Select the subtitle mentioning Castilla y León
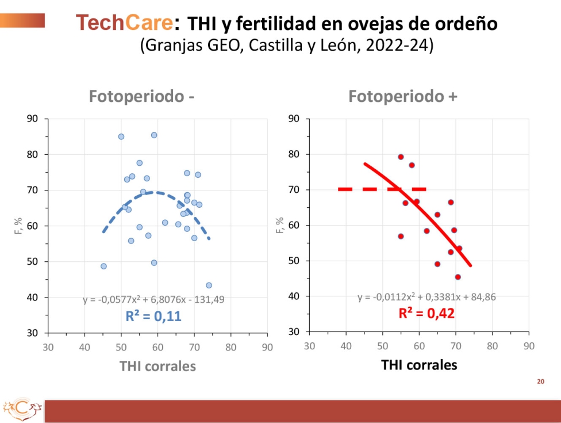click(286, 45)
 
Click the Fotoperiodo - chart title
click(141, 97)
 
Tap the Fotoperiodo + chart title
click(403, 97)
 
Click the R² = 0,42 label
click(426, 314)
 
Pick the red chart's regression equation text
click(426, 297)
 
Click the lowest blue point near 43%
click(209, 285)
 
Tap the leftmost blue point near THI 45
click(103, 266)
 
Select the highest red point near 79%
click(401, 157)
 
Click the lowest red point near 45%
click(458, 277)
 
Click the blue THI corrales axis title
click(157, 366)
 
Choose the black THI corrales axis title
click(419, 365)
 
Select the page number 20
click(540, 381)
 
